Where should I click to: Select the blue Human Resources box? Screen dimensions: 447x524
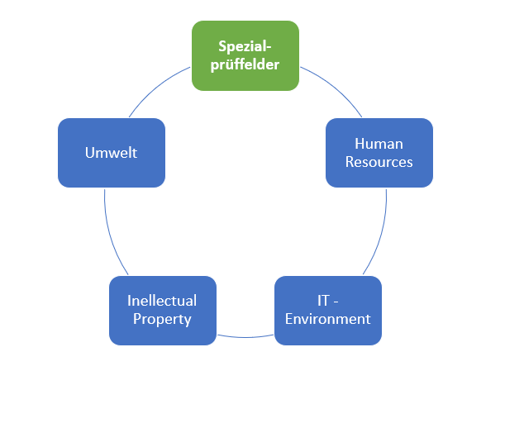379,152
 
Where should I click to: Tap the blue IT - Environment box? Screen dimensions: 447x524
327,310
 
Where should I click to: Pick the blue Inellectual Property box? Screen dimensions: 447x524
162,310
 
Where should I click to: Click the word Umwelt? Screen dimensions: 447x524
111,153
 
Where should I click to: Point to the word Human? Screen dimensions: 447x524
379,144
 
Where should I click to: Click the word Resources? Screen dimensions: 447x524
379,162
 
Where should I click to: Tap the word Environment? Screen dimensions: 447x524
327,319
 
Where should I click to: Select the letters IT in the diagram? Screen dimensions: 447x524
323,301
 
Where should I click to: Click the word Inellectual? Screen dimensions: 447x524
162,301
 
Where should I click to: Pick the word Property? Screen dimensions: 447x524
162,319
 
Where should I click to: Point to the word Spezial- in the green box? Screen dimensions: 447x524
245,45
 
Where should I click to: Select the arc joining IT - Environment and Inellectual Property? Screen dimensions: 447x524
245,337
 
